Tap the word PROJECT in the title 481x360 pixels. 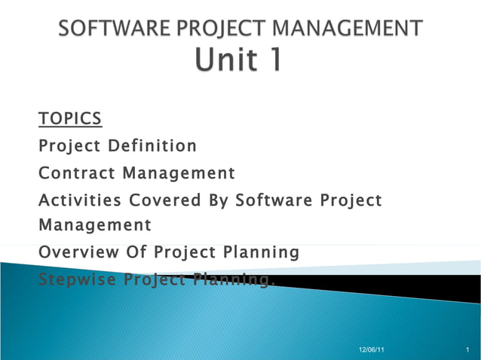tap(218, 29)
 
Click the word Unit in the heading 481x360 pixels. tap(224, 61)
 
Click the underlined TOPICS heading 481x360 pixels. tap(70, 119)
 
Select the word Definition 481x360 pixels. tap(153, 145)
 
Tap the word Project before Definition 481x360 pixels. tap(70, 145)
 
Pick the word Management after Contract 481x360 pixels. tap(179, 174)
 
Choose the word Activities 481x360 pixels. tap(81, 201)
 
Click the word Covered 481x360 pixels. tap(164, 201)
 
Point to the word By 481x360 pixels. tap(218, 201)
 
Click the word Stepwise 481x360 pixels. tap(76, 280)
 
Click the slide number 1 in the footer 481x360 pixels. tap(468, 350)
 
